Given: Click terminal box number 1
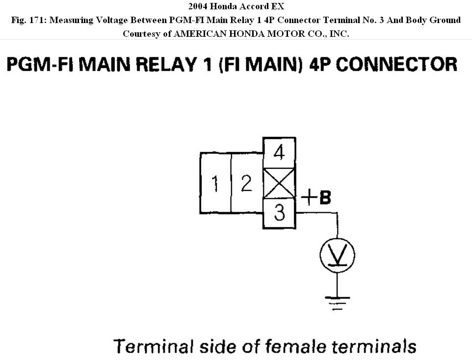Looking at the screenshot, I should tap(215, 182).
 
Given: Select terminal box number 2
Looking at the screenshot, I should tap(246, 182).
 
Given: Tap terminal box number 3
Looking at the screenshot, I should tap(279, 213).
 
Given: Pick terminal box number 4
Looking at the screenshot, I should tap(279, 153).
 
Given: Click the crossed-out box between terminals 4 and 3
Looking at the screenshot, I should tap(279, 183).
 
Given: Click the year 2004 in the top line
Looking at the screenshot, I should tap(198, 7).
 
